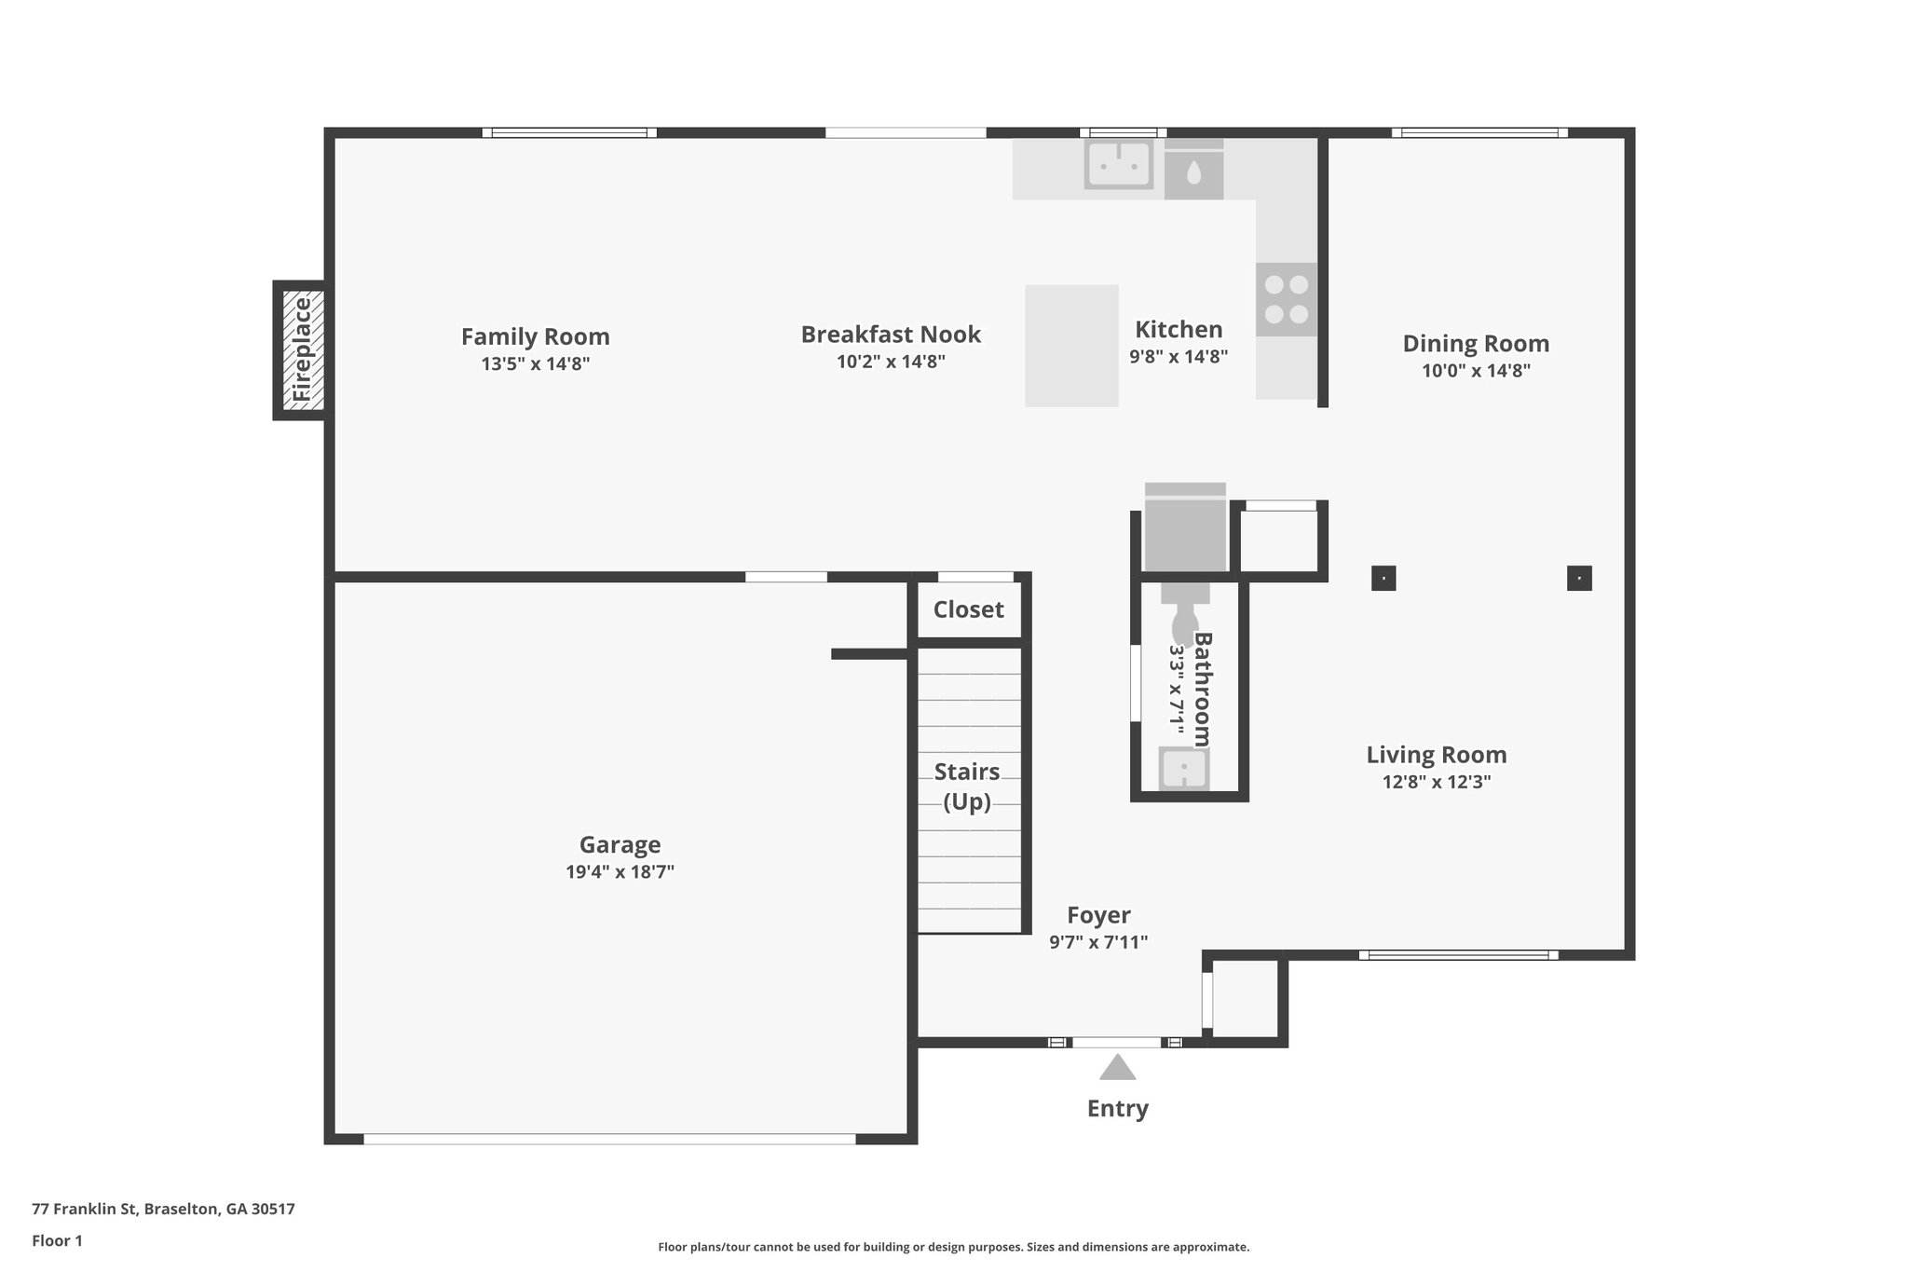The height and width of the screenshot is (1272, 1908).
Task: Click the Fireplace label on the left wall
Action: [302, 349]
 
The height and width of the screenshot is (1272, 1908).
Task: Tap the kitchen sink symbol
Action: [1118, 165]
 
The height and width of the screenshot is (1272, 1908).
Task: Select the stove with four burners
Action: [1286, 299]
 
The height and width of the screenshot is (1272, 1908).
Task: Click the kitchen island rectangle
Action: [1071, 346]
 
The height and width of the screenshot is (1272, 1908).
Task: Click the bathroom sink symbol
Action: [1184, 769]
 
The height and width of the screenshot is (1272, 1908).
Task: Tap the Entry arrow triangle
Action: [1117, 1068]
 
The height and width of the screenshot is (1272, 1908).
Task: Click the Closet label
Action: [968, 609]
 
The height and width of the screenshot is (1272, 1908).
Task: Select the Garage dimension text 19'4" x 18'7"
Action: [620, 872]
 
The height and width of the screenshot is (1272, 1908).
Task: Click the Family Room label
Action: [535, 336]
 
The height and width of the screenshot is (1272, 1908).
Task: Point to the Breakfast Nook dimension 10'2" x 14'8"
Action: [891, 362]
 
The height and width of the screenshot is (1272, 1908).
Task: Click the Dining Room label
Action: [1476, 343]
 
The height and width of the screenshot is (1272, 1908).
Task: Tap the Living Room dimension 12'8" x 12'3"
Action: [1436, 782]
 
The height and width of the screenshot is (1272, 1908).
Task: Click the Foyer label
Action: [1098, 915]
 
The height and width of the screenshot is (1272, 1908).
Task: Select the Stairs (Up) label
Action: [967, 786]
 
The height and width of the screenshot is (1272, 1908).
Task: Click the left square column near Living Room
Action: [1383, 579]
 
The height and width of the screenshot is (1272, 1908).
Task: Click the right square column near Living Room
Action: [1579, 579]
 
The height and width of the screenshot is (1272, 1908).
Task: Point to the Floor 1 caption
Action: [57, 1240]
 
